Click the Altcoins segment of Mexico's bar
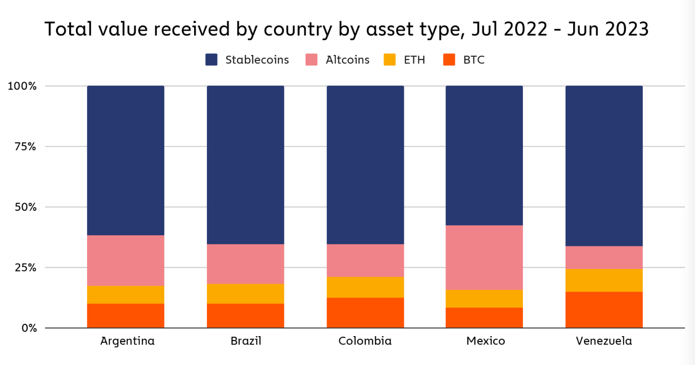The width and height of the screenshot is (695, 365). [x=484, y=257]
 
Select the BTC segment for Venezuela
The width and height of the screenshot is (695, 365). [x=604, y=310]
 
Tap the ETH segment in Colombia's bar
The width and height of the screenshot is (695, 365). [x=365, y=287]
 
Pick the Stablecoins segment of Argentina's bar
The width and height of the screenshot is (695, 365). [x=125, y=160]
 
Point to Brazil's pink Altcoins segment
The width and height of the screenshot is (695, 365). [x=245, y=264]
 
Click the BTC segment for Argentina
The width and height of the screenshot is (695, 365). [x=125, y=315]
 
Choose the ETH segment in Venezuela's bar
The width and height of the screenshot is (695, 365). [x=604, y=280]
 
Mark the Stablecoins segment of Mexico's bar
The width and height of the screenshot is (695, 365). [x=484, y=155]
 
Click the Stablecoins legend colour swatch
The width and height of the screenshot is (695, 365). [x=212, y=60]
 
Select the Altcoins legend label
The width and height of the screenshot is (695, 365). [x=347, y=60]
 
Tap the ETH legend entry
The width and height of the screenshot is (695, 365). [x=414, y=60]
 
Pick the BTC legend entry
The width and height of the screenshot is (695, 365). [x=473, y=60]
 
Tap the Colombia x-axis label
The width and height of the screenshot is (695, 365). [x=365, y=341]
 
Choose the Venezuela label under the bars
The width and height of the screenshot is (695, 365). [x=604, y=341]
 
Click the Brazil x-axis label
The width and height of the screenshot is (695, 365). [x=246, y=341]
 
